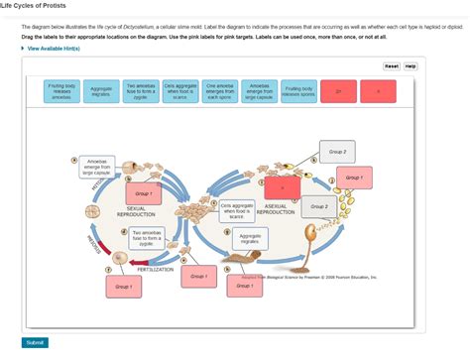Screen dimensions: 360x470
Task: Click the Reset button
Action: (x=391, y=66)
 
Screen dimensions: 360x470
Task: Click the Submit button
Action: (x=35, y=342)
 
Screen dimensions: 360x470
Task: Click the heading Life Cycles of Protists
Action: (x=33, y=5)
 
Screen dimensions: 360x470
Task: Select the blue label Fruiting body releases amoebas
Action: (x=60, y=92)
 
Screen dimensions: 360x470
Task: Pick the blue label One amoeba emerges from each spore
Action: (x=220, y=92)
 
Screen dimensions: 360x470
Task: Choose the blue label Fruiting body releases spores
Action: (x=299, y=92)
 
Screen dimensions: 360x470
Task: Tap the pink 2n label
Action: (x=338, y=92)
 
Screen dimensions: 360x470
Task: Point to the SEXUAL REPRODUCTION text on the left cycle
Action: (x=136, y=212)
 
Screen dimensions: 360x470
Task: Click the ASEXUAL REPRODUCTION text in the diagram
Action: (x=275, y=210)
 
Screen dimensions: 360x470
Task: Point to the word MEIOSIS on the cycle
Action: (x=94, y=244)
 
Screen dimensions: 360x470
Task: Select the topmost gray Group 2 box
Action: (x=338, y=153)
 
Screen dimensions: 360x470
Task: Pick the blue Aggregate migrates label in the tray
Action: (x=101, y=92)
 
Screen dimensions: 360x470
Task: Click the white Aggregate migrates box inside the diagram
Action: (x=250, y=239)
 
